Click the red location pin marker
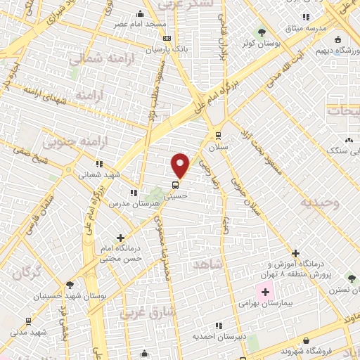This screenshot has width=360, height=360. pyautogui.click(x=181, y=165)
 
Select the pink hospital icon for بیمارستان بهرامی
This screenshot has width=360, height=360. pyautogui.click(x=265, y=292)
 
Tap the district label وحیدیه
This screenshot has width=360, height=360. pyautogui.click(x=320, y=203)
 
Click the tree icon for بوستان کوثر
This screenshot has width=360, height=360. pyautogui.click(x=262, y=32)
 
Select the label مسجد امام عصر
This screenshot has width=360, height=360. pyautogui.click(x=141, y=24)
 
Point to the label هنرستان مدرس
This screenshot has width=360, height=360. pyautogui.click(x=131, y=202)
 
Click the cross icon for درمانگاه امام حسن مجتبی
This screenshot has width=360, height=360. pyautogui.click(x=121, y=238)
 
